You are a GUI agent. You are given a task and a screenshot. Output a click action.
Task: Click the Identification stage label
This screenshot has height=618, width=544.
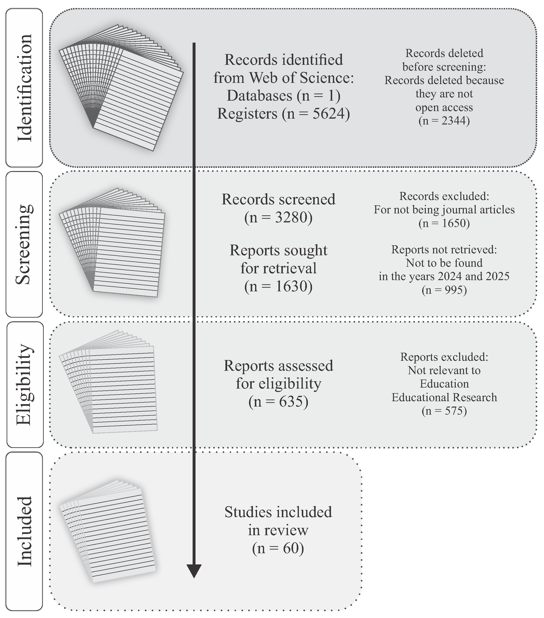24,88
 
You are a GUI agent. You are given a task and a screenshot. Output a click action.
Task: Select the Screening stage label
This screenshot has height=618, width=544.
24,244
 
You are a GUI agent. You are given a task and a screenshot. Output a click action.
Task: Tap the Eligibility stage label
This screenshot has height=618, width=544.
24,384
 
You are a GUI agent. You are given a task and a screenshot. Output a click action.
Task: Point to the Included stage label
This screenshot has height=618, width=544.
24,531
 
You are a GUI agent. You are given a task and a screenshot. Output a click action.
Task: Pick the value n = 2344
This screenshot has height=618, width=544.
444,121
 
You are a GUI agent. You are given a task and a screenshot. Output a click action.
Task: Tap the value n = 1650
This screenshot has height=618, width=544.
444,223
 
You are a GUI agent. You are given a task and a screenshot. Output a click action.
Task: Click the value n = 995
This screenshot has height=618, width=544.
444,290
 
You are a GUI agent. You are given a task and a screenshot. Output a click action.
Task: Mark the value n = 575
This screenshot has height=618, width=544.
444,411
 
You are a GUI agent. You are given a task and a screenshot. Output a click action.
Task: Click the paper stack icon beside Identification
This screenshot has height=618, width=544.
121,88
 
